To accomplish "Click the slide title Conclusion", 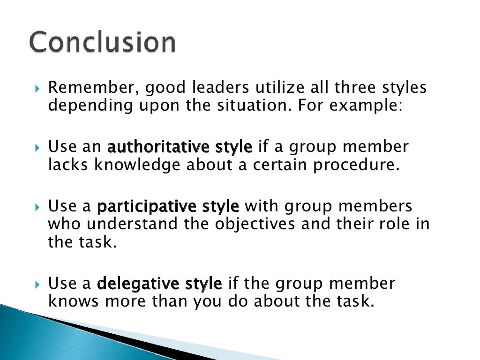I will (103, 43).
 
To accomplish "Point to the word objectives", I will (255, 224).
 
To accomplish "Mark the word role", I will (381, 224).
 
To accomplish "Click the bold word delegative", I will (140, 284).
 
